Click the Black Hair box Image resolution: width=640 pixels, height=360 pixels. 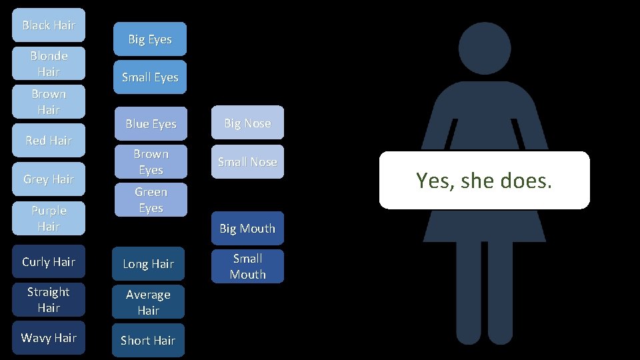[x=49, y=25]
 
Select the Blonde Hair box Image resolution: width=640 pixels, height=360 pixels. [x=49, y=63]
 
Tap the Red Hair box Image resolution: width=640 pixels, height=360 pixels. [x=49, y=140]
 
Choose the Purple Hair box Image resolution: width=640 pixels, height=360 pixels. [x=49, y=218]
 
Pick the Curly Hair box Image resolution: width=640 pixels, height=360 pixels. [x=49, y=261]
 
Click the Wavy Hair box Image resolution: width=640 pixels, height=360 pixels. [x=49, y=337]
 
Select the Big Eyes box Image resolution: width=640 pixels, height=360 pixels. [x=150, y=39]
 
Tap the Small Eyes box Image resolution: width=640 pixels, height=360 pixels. [x=150, y=77]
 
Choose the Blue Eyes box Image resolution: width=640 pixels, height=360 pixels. [x=150, y=123]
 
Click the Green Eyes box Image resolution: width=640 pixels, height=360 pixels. [x=150, y=200]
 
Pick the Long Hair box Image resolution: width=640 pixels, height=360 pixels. [x=148, y=263]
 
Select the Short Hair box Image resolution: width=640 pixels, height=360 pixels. [x=148, y=340]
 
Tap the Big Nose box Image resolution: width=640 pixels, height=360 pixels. [x=247, y=123]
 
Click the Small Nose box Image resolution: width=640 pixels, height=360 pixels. [x=247, y=161]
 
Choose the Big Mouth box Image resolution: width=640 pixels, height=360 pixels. [x=247, y=228]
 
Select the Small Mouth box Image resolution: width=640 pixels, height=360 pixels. [x=247, y=266]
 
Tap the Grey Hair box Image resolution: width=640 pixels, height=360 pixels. [x=49, y=179]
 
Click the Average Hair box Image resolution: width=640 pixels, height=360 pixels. [x=148, y=302]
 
